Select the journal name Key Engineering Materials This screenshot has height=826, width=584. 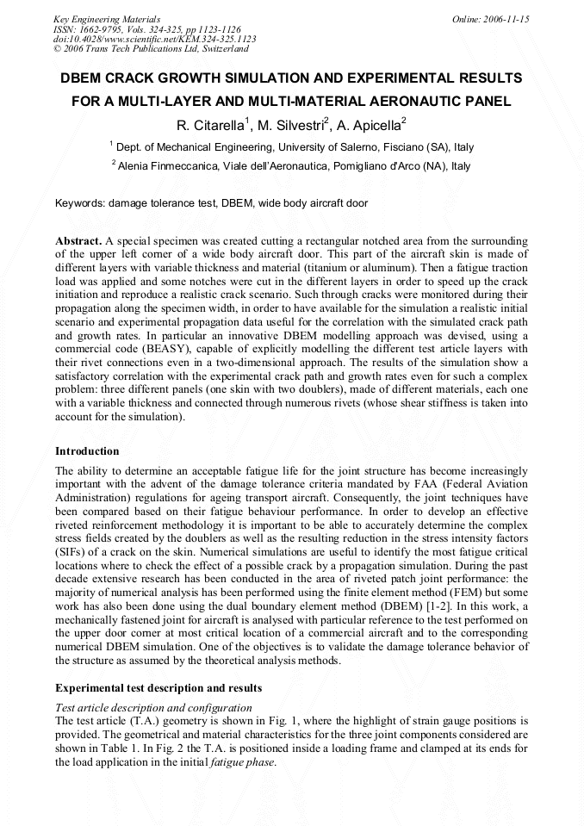[106, 18]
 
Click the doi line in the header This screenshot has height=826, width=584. [154, 39]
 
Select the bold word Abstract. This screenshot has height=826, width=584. [78, 241]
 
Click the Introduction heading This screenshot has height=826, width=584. [87, 451]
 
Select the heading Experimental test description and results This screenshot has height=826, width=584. [158, 688]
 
